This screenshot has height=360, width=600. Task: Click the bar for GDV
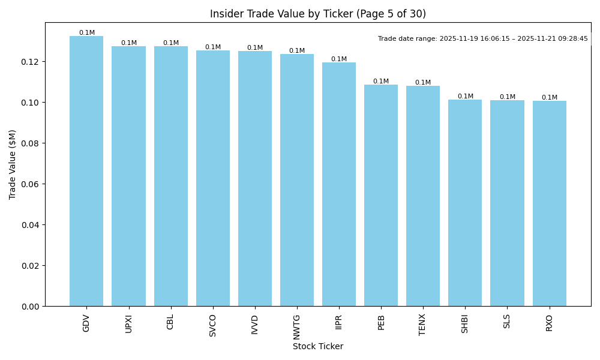(86, 171)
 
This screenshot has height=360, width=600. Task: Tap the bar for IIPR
(339, 184)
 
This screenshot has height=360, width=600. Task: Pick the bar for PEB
(381, 195)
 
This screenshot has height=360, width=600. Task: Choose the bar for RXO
(549, 203)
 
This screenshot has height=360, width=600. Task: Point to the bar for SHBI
(465, 203)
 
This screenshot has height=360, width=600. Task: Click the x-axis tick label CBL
(170, 322)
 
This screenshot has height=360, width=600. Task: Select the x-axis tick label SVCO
(213, 325)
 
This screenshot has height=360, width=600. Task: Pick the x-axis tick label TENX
(423, 325)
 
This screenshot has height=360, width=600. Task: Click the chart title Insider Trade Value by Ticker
(318, 14)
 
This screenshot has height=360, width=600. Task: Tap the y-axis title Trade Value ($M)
(13, 164)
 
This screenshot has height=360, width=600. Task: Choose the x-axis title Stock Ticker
(318, 346)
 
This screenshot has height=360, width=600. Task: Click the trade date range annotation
(483, 38)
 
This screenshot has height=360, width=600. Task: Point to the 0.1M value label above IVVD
(255, 47)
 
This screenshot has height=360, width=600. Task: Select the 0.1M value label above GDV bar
(87, 32)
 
